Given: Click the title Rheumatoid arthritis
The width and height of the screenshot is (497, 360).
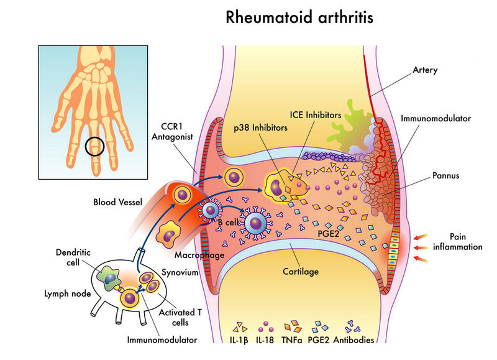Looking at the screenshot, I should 299,17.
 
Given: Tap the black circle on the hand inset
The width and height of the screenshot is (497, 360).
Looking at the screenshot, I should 94,147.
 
